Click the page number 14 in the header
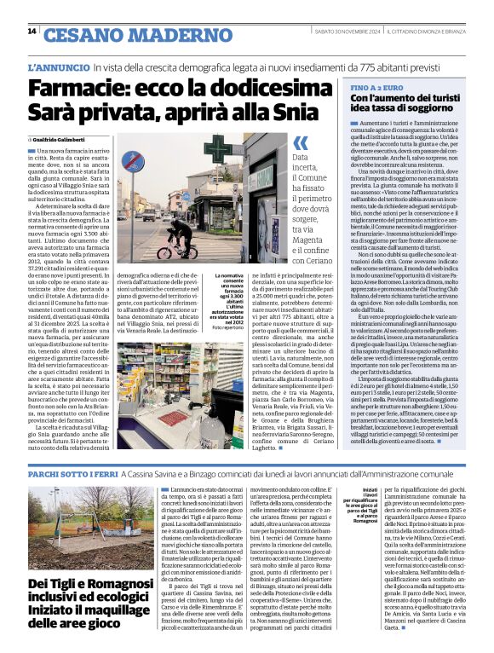coord(32,32)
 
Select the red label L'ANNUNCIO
coord(58,66)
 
